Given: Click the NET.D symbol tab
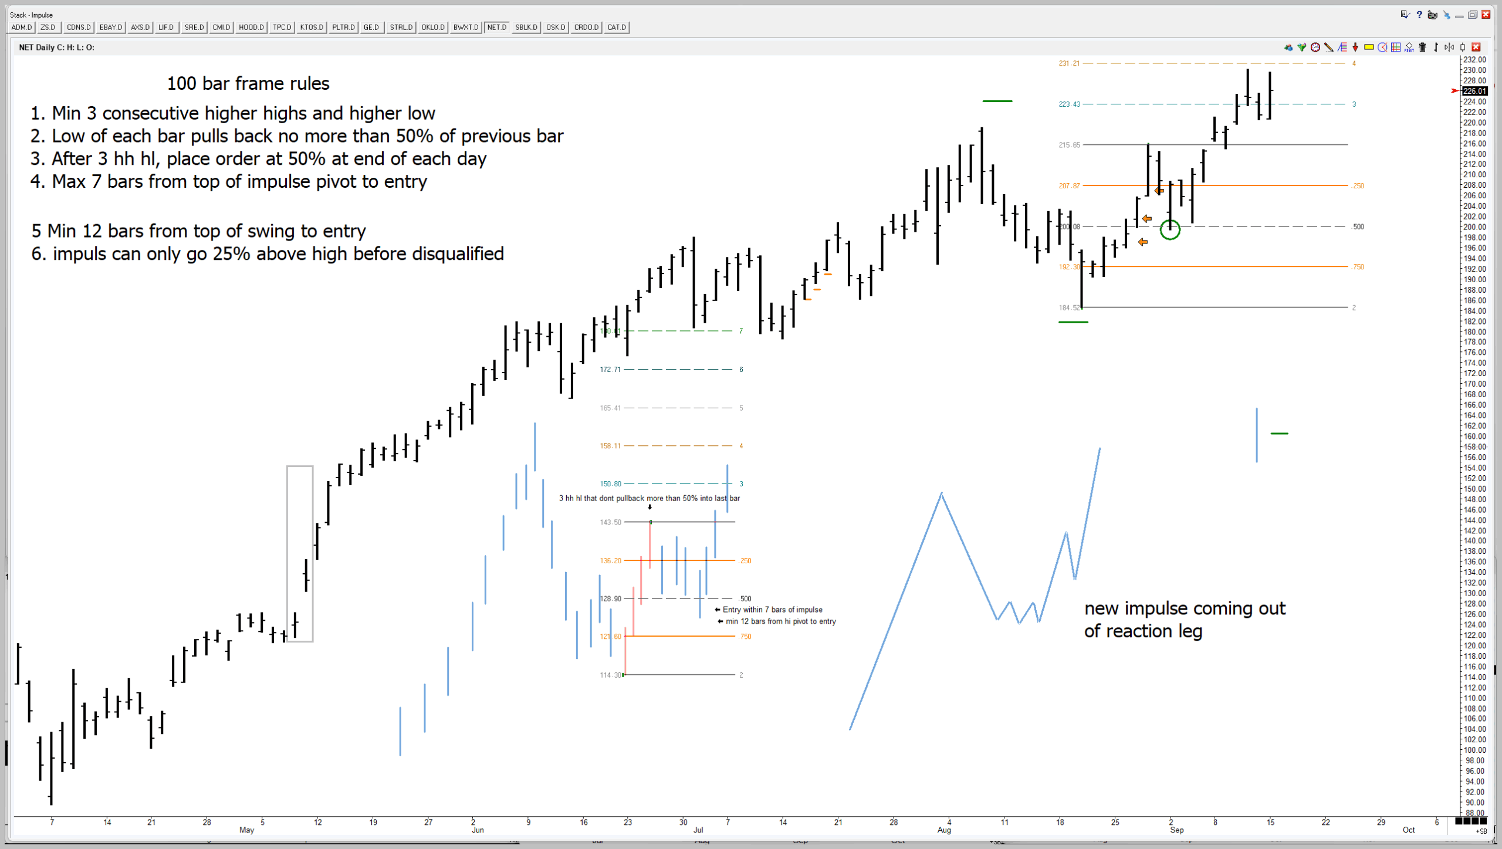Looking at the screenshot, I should pyautogui.click(x=496, y=27).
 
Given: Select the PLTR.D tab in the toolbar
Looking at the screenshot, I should pyautogui.click(x=343, y=27).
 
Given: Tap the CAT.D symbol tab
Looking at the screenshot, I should pyautogui.click(x=616, y=27).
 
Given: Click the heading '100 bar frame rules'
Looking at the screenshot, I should pyautogui.click(x=248, y=83).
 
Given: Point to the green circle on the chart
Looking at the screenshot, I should pyautogui.click(x=1170, y=229).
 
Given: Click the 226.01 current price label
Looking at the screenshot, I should pyautogui.click(x=1474, y=91).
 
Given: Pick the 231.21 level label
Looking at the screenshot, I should pyautogui.click(x=1068, y=63).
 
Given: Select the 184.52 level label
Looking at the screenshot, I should pyautogui.click(x=1068, y=307).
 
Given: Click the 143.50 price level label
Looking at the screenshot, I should pyautogui.click(x=610, y=522).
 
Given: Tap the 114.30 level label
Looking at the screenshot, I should pyautogui.click(x=610, y=675).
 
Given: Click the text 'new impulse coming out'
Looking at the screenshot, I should pyautogui.click(x=1184, y=608).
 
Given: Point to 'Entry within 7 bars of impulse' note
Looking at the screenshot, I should pyautogui.click(x=772, y=610).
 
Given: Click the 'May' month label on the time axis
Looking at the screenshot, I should pyautogui.click(x=246, y=830).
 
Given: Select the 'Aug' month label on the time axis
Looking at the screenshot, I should pyautogui.click(x=943, y=830).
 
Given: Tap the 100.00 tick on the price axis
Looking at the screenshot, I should pyautogui.click(x=1474, y=750).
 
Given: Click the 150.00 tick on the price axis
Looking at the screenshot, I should pyautogui.click(x=1474, y=489).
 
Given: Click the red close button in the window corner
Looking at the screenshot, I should pyautogui.click(x=1486, y=15).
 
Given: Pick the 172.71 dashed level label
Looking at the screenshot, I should pyautogui.click(x=610, y=370).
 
